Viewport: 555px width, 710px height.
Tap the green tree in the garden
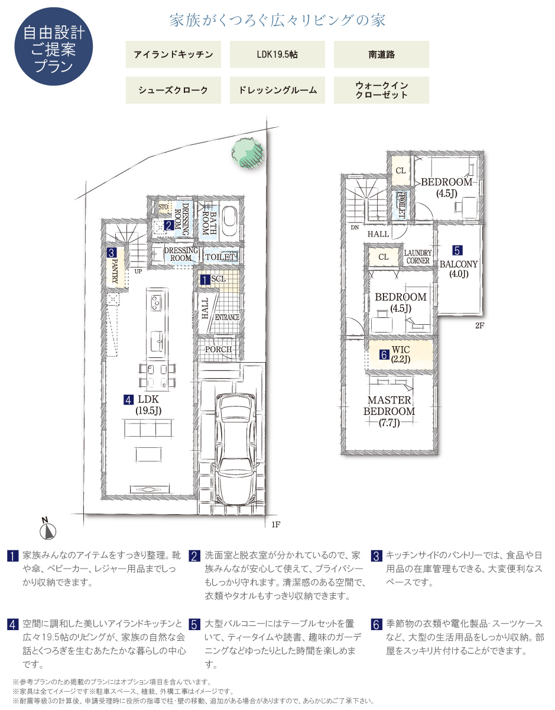[247, 153]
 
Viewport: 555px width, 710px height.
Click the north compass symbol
[48, 529]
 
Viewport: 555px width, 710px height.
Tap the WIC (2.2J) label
[400, 354]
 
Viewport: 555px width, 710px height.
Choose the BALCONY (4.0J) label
[459, 269]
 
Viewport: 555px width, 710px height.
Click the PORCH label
[218, 349]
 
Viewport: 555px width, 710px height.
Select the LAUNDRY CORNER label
[418, 257]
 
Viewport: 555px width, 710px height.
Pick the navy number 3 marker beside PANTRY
[112, 253]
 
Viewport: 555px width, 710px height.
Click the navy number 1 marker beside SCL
[205, 280]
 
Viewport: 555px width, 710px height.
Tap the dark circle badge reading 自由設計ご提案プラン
[54, 46]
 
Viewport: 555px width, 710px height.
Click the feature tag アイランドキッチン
[173, 54]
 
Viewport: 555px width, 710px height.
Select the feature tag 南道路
[381, 54]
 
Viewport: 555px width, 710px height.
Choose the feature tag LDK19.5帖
[277, 54]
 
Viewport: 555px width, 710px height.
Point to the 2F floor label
[479, 325]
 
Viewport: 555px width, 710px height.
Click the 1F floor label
[275, 524]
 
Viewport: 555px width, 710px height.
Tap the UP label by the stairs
[138, 271]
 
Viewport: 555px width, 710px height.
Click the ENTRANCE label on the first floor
[227, 317]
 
